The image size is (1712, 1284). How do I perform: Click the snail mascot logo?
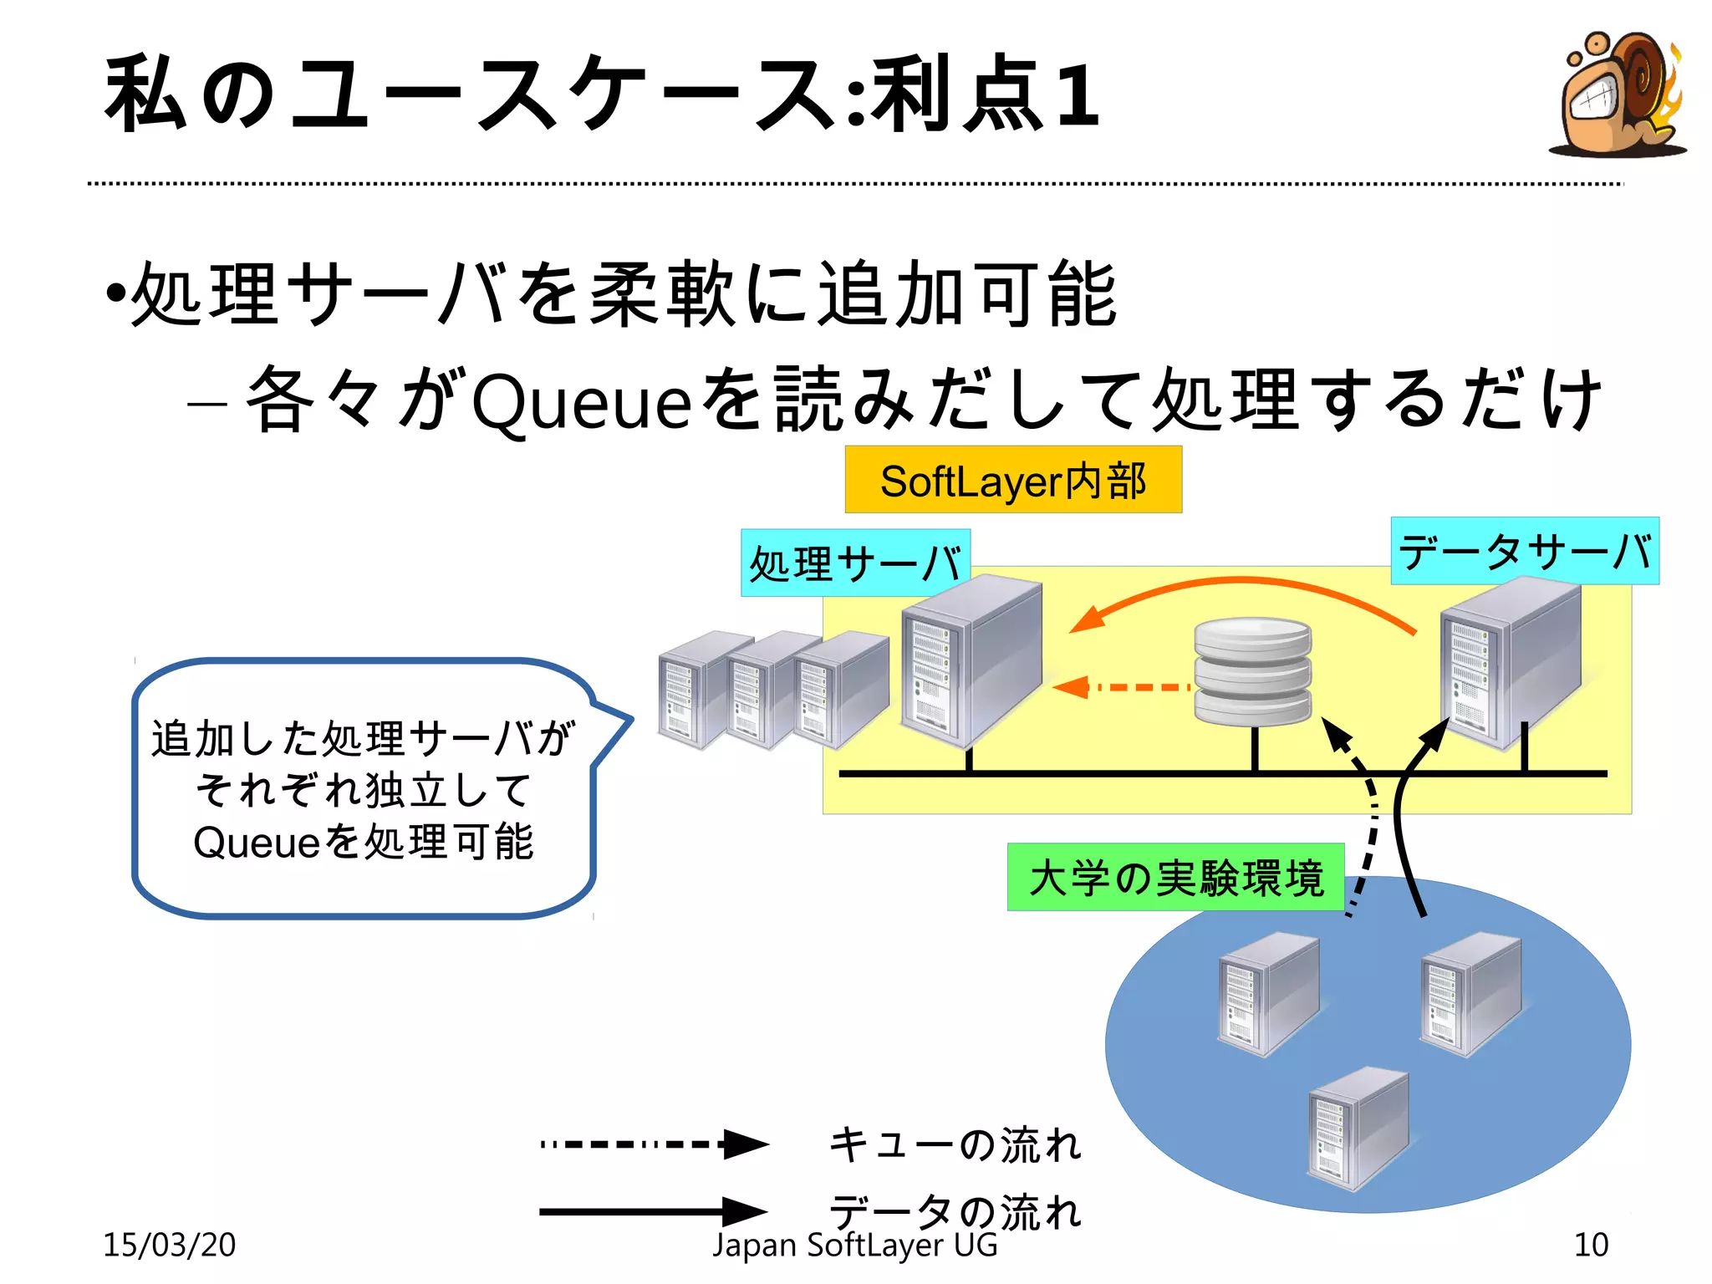point(1618,96)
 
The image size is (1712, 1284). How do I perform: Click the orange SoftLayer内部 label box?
point(1013,480)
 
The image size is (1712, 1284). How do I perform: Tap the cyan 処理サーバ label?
point(855,563)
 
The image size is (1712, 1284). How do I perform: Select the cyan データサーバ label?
point(1525,552)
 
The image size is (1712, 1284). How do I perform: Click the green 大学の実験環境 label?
point(1175,878)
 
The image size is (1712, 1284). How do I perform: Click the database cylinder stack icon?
point(1252,671)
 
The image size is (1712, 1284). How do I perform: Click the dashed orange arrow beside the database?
point(1120,687)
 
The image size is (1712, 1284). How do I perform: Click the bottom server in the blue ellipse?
point(1358,1129)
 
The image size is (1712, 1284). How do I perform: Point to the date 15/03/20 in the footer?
point(169,1245)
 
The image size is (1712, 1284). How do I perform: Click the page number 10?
point(1590,1245)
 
